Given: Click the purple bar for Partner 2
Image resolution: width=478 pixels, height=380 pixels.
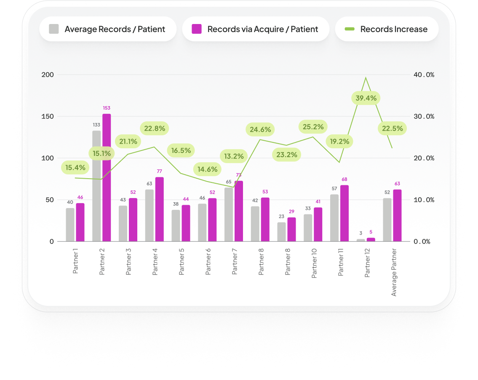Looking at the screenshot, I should (107, 177).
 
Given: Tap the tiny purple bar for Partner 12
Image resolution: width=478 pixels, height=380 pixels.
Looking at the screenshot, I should (371, 240).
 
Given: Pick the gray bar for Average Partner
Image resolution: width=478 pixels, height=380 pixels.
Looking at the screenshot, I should (387, 219).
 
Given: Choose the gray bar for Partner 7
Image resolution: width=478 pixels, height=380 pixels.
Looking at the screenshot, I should (229, 214).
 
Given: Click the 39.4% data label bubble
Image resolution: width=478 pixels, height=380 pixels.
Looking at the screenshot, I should (366, 99).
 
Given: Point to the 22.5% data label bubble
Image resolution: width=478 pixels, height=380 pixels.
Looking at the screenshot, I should (393, 128).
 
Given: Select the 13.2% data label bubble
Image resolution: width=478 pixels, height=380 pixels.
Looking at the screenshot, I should (234, 157).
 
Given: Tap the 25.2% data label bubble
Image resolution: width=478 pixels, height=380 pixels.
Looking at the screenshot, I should (313, 126).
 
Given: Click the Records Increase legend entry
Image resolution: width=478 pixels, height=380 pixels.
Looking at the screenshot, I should (386, 29).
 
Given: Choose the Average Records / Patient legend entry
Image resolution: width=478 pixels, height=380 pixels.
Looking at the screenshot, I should (107, 29).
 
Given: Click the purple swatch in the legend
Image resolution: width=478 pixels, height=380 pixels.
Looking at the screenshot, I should (197, 29).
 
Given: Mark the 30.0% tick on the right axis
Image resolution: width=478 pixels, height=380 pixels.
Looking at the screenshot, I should (424, 116).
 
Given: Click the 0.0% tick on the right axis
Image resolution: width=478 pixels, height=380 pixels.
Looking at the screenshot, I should (424, 241).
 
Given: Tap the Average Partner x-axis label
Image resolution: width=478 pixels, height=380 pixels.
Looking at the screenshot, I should (394, 272).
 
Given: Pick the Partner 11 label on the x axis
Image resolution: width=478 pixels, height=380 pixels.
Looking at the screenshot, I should (340, 262).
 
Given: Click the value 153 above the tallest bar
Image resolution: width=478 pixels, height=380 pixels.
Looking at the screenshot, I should (107, 108).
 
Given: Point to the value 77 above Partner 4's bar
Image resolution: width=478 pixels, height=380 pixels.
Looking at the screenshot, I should (159, 171).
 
